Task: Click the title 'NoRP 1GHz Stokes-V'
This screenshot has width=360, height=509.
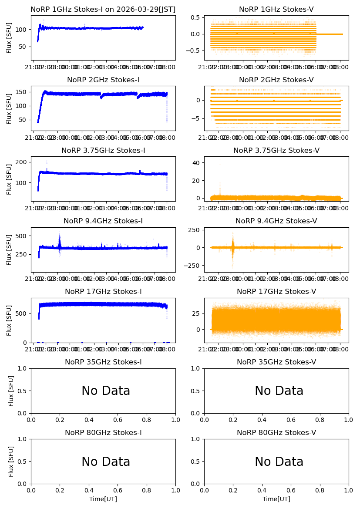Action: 276,10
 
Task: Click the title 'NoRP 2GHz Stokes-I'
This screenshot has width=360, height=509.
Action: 103,80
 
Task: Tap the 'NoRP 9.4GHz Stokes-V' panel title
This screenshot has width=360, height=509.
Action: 276,221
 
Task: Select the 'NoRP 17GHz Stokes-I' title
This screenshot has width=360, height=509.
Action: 103,292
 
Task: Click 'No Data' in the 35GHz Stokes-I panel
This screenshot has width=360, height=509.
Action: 106,391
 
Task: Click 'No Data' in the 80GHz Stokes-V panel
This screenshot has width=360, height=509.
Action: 279,462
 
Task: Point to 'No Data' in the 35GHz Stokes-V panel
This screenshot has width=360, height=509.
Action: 279,391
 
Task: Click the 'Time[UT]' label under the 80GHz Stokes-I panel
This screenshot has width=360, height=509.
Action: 103,499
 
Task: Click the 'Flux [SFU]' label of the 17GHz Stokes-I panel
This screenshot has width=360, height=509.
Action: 9,320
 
